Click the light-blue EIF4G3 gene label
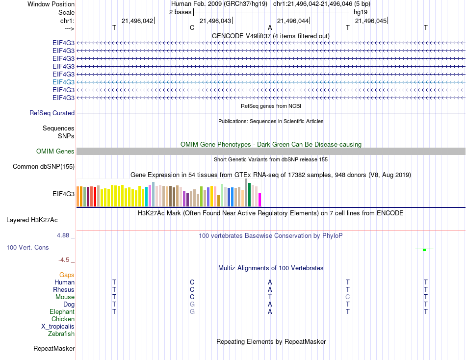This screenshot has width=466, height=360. click(63, 82)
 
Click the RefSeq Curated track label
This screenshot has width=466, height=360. click(52, 113)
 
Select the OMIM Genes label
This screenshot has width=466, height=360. click(55, 152)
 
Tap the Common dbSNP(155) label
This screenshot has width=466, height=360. click(44, 167)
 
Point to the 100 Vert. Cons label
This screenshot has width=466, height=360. click(27, 248)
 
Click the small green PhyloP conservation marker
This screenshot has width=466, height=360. click(424, 250)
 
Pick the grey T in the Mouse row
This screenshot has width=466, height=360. click(270, 297)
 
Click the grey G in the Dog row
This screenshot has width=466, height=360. click(192, 304)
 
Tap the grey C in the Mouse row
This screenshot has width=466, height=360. click(347, 297)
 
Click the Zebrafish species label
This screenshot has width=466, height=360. click(61, 334)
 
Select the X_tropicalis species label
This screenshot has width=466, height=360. click(58, 327)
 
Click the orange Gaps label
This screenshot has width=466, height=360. click(67, 275)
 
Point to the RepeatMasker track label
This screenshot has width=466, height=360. click(54, 349)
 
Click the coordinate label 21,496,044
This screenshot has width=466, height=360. click(293, 21)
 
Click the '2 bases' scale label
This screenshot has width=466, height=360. click(180, 12)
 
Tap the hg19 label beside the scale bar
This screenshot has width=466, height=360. click(361, 12)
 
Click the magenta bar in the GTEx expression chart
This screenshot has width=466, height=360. click(260, 200)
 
